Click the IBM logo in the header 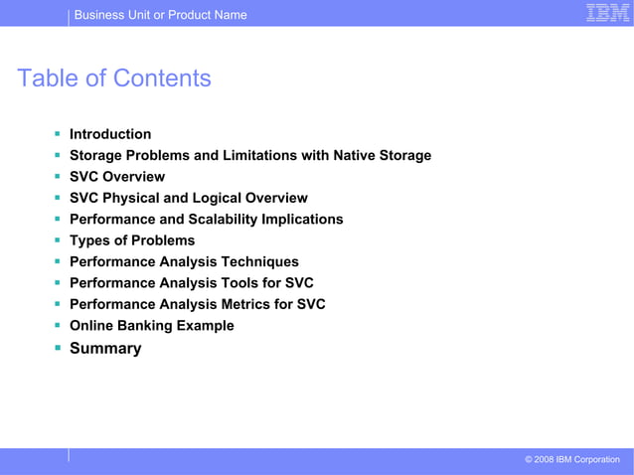pyautogui.click(x=604, y=13)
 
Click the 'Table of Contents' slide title pyautogui.click(x=114, y=78)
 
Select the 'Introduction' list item pyautogui.click(x=110, y=134)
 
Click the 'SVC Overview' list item pyautogui.click(x=117, y=177)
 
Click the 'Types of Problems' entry pyautogui.click(x=132, y=240)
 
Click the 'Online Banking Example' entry pyautogui.click(x=152, y=325)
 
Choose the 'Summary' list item pyautogui.click(x=105, y=348)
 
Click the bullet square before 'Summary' pyautogui.click(x=59, y=347)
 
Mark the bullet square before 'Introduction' pyautogui.click(x=59, y=133)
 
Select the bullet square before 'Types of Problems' pyautogui.click(x=59, y=239)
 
